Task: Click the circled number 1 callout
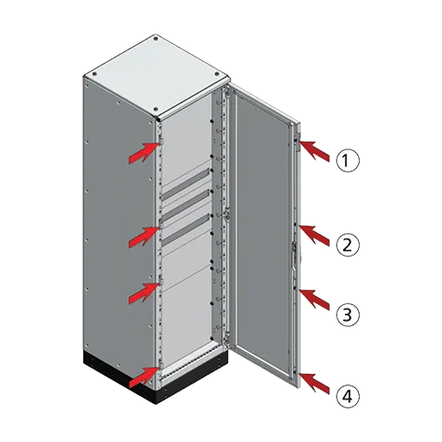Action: pos(348,160)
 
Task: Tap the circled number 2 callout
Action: pos(348,245)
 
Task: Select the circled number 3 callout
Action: pos(348,315)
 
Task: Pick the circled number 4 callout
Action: pos(348,396)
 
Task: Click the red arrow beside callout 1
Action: pos(315,151)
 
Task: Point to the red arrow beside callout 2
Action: pos(315,235)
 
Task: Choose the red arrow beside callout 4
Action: pos(315,383)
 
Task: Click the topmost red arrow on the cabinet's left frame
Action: pos(143,152)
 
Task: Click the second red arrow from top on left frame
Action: pos(143,237)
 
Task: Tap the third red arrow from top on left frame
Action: pos(143,293)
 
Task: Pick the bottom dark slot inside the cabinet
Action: pos(185,230)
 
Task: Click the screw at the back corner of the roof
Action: pos(156,38)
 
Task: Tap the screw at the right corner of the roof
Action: pos(217,73)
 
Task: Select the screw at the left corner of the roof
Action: pos(95,74)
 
